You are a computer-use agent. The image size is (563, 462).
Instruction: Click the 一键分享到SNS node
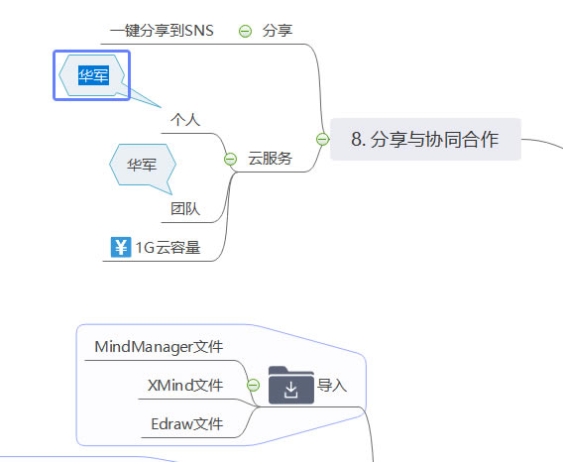pyautogui.click(x=162, y=31)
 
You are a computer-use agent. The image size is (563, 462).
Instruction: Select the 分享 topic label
pyautogui.click(x=278, y=31)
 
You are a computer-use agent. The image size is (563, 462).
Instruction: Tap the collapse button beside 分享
pyautogui.click(x=245, y=31)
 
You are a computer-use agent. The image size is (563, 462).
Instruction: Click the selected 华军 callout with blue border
pyautogui.click(x=92, y=75)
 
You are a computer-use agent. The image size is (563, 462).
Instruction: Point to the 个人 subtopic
pyautogui.click(x=185, y=120)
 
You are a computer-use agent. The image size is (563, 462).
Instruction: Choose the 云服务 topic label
pyautogui.click(x=270, y=158)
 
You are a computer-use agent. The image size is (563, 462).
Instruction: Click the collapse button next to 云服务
pyautogui.click(x=230, y=158)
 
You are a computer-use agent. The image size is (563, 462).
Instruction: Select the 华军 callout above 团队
pyautogui.click(x=141, y=165)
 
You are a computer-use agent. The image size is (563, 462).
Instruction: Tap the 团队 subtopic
pyautogui.click(x=185, y=208)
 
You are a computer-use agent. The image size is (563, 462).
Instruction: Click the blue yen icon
pyautogui.click(x=121, y=247)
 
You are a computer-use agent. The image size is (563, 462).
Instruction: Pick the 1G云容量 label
pyautogui.click(x=168, y=248)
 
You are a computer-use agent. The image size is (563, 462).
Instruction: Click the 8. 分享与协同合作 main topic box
pyautogui.click(x=424, y=140)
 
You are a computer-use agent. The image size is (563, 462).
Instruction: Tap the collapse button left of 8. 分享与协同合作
pyautogui.click(x=322, y=140)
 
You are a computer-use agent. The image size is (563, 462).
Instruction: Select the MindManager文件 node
pyautogui.click(x=159, y=347)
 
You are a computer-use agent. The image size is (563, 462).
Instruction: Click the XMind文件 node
pyautogui.click(x=185, y=386)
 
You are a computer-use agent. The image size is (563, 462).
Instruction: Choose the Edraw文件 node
pyautogui.click(x=186, y=424)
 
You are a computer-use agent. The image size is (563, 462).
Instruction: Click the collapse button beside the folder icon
pyautogui.click(x=253, y=386)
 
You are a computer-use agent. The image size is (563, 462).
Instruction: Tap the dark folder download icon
pyautogui.click(x=290, y=386)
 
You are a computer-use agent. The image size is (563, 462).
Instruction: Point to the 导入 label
pyautogui.click(x=332, y=386)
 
